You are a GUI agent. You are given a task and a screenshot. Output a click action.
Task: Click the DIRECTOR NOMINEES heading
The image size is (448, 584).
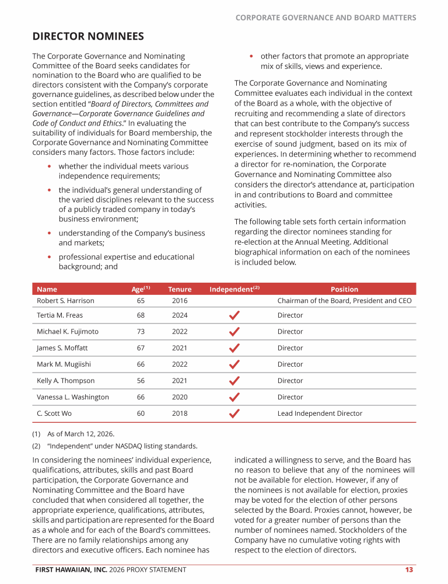[88, 37]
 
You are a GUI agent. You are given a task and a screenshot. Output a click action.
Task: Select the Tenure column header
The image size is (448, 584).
[180, 289]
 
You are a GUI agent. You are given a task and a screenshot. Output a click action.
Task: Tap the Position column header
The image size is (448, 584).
[344, 289]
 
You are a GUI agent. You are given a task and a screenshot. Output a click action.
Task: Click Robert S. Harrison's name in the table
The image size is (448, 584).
[65, 301]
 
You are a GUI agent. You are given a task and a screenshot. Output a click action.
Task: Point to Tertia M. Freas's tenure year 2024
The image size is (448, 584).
[180, 315]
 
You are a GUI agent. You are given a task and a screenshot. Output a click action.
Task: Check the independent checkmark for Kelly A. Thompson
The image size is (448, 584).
[234, 381]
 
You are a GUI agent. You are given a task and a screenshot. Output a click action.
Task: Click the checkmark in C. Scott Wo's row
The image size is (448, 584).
[234, 413]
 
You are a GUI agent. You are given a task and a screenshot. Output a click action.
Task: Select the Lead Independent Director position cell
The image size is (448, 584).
[320, 413]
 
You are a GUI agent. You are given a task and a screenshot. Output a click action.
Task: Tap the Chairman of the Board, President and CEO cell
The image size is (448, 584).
[344, 301]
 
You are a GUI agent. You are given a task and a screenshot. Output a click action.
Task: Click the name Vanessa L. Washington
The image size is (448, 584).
[73, 397]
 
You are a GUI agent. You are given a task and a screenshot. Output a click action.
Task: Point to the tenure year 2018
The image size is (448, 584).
[180, 413]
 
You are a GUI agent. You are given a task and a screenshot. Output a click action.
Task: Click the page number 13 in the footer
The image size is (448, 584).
[409, 569]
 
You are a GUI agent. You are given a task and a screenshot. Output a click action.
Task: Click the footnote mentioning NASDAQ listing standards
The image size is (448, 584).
[114, 446]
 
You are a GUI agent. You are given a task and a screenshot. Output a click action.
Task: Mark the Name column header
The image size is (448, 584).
[47, 289]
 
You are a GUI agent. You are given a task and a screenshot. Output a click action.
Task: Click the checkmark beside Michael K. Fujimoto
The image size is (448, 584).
[234, 331]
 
